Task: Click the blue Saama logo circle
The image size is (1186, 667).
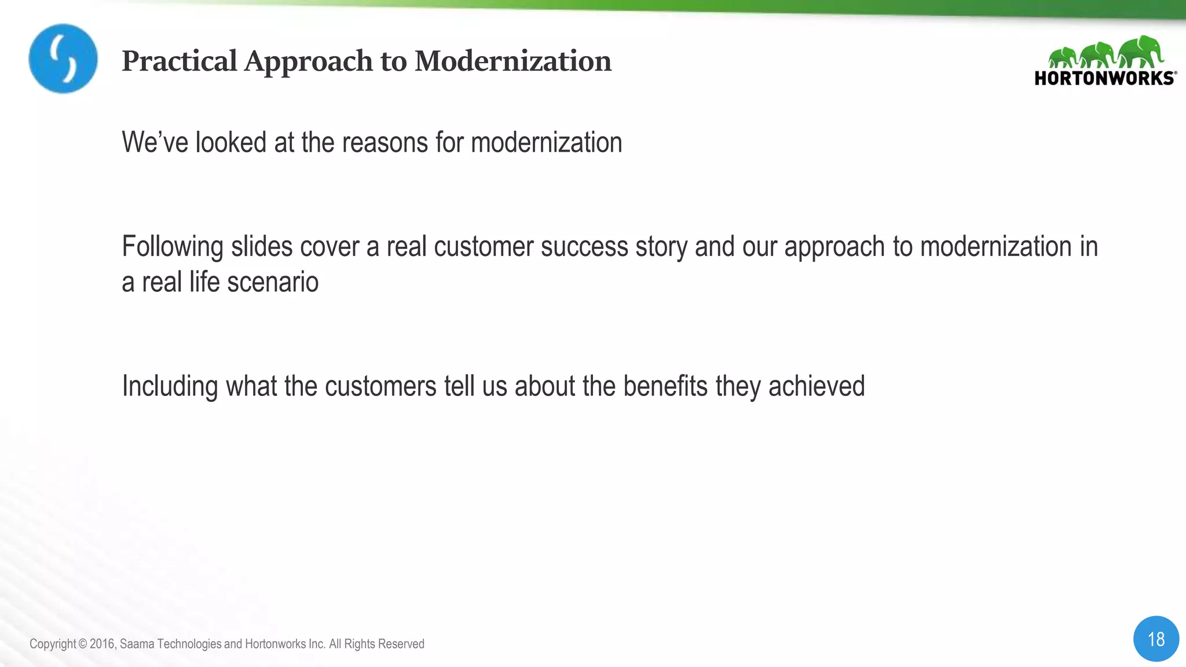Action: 63,58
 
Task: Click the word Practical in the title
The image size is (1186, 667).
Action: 180,61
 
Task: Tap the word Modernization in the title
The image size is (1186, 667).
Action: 513,61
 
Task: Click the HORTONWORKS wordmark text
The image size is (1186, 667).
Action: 1104,78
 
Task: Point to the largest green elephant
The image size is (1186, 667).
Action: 1141,51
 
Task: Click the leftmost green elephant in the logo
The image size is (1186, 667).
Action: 1063,57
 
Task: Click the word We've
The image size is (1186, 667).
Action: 155,142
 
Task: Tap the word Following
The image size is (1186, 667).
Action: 173,247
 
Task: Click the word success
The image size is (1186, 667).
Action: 584,247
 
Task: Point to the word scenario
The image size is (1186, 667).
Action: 273,283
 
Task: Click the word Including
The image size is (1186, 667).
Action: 170,387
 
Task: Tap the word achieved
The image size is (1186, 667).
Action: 817,386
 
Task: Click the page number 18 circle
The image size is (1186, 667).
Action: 1156,639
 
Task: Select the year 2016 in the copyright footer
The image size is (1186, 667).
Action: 102,644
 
